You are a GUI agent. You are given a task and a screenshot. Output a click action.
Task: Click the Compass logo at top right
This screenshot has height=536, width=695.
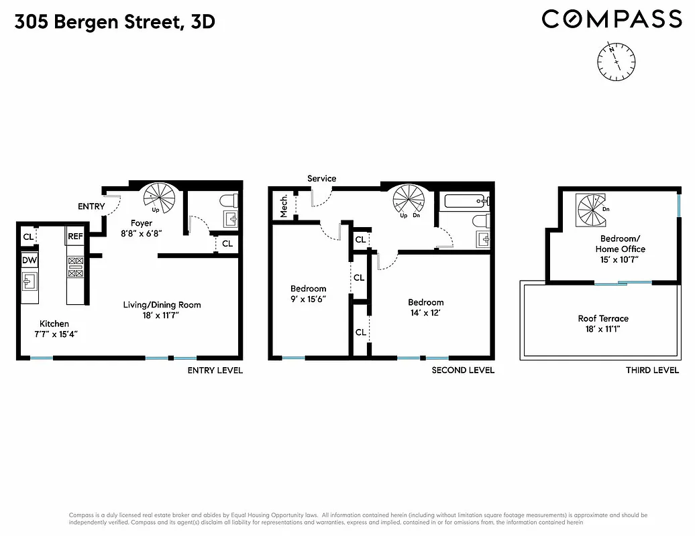[611, 19]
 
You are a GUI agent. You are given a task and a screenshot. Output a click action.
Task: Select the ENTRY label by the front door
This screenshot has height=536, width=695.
[91, 206]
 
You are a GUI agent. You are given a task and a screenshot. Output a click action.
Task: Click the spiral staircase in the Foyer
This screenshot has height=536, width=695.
[160, 198]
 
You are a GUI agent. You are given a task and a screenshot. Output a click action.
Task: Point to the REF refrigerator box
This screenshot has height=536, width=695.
[74, 237]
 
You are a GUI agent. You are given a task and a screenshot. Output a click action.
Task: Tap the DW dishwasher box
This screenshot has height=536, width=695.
[29, 261]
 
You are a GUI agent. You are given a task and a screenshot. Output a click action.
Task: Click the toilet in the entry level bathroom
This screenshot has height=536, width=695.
[227, 201]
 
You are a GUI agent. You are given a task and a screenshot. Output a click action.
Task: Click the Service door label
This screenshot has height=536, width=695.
[322, 178]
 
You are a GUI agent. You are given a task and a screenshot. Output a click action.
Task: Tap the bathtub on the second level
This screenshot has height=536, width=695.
[464, 200]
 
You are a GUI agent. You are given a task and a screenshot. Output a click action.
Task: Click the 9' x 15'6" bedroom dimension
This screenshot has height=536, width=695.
[309, 299]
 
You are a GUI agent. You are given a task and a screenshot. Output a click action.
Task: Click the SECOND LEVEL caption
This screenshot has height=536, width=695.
[463, 371]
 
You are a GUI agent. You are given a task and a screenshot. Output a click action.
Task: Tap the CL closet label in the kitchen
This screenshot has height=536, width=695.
[28, 237]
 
